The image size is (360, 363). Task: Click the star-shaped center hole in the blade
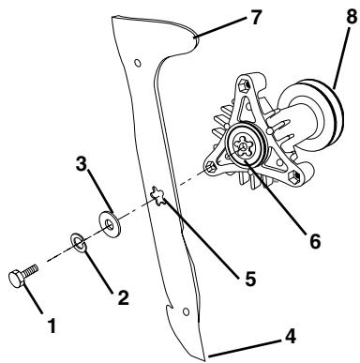pos(161,197)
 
